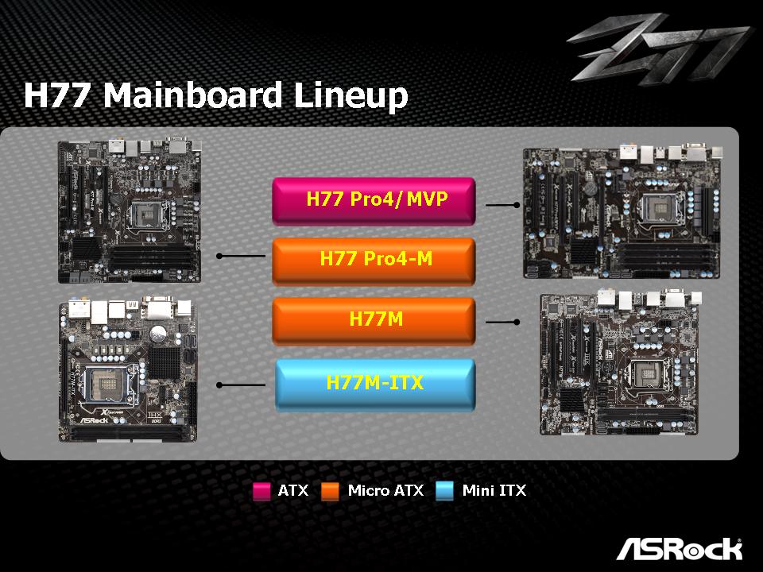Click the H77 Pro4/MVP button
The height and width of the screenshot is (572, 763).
tap(374, 199)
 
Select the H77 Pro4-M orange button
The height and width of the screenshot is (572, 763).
tap(374, 260)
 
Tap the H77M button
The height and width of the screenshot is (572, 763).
tap(374, 320)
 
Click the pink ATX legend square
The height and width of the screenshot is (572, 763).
tap(261, 491)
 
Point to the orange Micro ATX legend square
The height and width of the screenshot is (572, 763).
tap(331, 491)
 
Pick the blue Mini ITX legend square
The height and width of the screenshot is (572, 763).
tap(445, 491)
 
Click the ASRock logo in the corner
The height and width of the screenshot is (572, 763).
tap(679, 549)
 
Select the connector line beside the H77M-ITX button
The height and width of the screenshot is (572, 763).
tap(242, 385)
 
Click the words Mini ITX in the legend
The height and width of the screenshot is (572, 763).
tap(494, 491)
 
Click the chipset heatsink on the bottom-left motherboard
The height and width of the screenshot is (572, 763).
tap(165, 362)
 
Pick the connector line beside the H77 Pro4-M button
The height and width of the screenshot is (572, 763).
tap(242, 256)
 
